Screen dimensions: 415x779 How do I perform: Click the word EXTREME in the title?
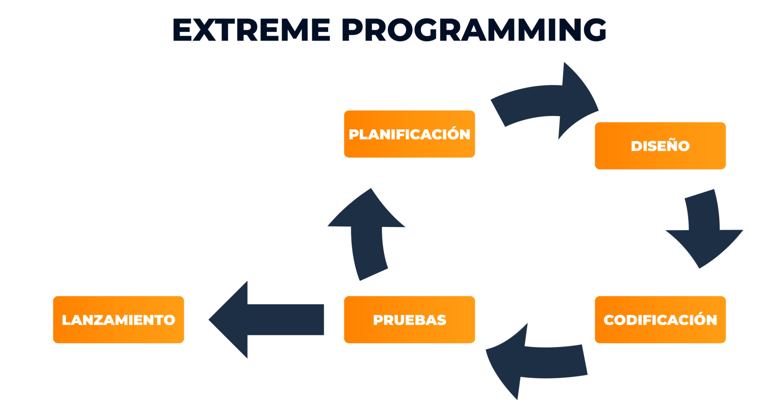point(252,30)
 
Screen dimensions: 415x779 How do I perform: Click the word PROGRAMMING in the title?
point(474,30)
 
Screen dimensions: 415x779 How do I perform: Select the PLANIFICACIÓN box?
point(409,134)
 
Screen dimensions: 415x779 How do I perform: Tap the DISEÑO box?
point(660,145)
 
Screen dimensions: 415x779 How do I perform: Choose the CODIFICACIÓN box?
point(660,319)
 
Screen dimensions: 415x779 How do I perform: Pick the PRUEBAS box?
point(409,319)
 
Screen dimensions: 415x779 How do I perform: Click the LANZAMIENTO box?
point(118,319)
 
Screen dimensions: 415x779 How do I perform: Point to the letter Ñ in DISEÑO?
point(670,145)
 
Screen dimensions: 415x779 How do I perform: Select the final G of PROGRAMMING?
point(594,30)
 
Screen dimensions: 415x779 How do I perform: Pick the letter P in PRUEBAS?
point(378,320)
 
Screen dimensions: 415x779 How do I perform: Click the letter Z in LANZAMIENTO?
point(99,320)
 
